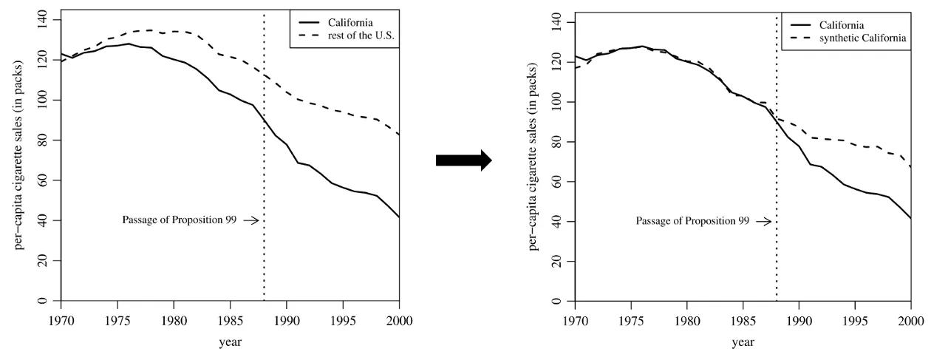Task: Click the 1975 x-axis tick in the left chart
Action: (117, 321)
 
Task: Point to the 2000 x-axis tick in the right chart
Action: (911, 322)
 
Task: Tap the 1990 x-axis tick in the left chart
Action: (286, 321)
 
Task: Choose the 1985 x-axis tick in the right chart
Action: (743, 322)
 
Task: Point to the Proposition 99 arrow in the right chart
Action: (763, 221)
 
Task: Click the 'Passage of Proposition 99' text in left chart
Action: (179, 220)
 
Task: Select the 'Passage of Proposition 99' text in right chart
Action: (692, 221)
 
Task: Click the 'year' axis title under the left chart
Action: (230, 342)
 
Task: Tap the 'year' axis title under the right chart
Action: (743, 343)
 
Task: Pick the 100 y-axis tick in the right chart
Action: (557, 101)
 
